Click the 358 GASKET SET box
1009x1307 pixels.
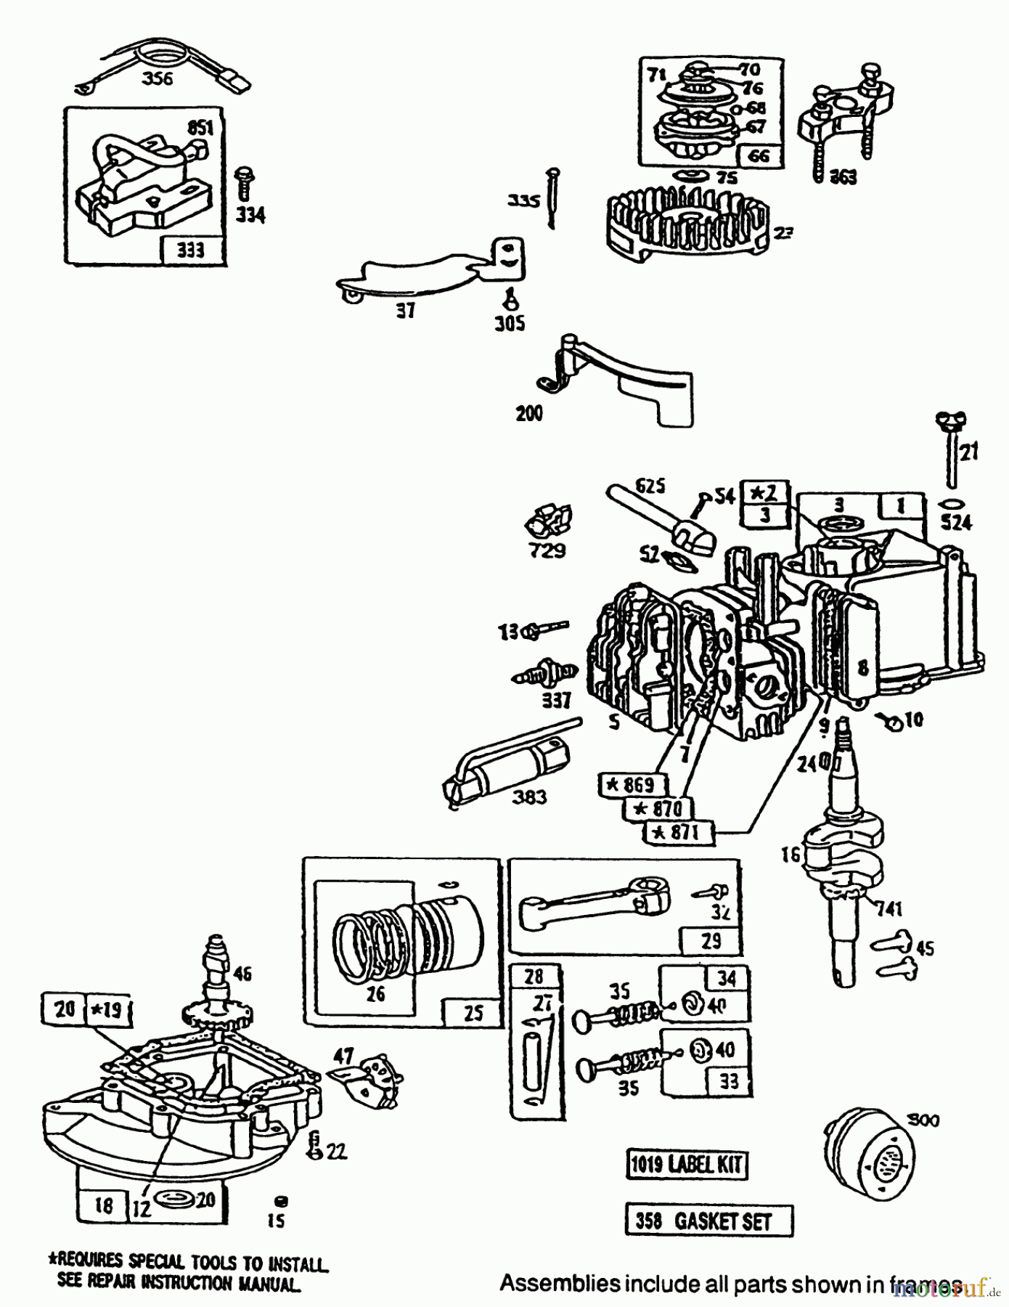pos(708,1221)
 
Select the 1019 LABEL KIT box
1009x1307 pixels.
pos(686,1165)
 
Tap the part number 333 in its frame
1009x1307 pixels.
pos(191,251)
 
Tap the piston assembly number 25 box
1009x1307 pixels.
pos(473,1012)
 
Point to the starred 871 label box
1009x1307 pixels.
pos(679,832)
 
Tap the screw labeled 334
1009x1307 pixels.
pos(245,184)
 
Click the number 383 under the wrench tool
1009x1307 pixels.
pos(528,797)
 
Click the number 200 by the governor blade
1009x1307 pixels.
pos(528,413)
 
